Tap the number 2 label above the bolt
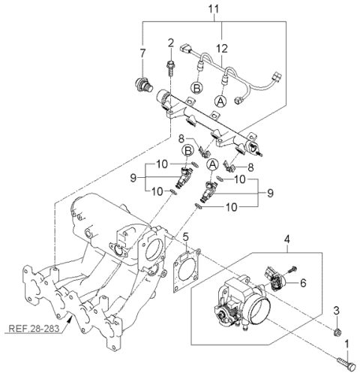pyautogui.click(x=170, y=42)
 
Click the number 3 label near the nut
pyautogui.click(x=337, y=310)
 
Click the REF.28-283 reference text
pyautogui.click(x=34, y=328)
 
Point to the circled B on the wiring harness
pyautogui.click(x=196, y=88)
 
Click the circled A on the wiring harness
pyautogui.click(x=220, y=100)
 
